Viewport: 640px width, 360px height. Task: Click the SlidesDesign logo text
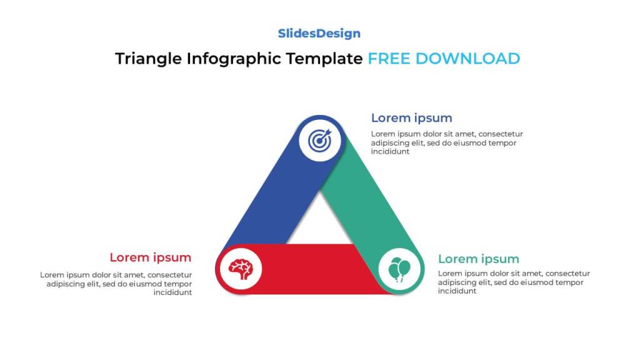(x=319, y=34)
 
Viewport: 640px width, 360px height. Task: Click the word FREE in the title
(x=389, y=59)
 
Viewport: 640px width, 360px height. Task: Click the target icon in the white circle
(x=320, y=140)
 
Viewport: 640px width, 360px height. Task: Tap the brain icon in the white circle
(x=241, y=269)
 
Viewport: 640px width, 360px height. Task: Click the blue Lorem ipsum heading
(x=411, y=118)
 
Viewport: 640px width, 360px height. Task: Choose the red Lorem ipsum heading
(x=150, y=257)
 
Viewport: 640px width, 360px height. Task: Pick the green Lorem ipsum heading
(x=478, y=259)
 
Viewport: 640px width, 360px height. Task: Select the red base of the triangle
(x=319, y=269)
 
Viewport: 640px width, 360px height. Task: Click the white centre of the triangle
(x=320, y=225)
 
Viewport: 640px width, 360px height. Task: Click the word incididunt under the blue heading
(x=390, y=151)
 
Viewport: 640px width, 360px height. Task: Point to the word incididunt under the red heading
(x=172, y=292)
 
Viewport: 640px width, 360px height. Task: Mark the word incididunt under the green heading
(x=457, y=291)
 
